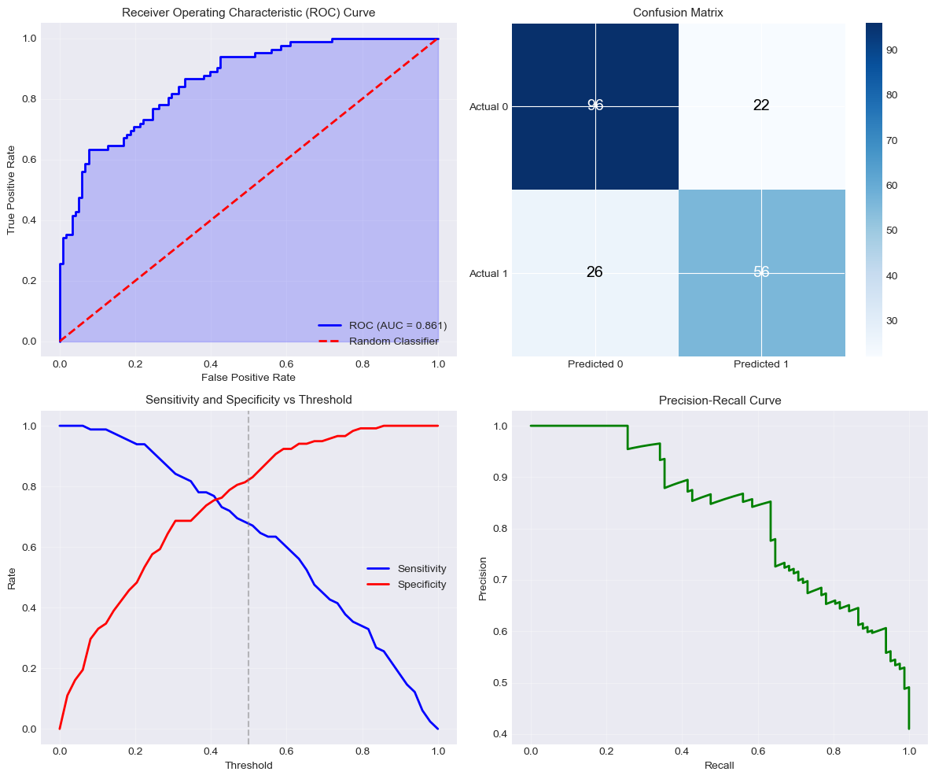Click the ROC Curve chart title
pyautogui.click(x=248, y=13)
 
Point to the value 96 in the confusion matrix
pyautogui.click(x=595, y=105)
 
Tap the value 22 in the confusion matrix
pyautogui.click(x=761, y=105)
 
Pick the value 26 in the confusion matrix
pyautogui.click(x=595, y=272)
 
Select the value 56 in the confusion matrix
pyautogui.click(x=761, y=272)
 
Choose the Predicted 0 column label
pyautogui.click(x=595, y=365)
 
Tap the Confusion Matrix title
pyautogui.click(x=678, y=13)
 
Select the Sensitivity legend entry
pyautogui.click(x=422, y=568)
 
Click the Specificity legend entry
pyautogui.click(x=422, y=584)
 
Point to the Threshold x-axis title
pyautogui.click(x=248, y=765)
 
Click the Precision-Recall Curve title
pyautogui.click(x=720, y=401)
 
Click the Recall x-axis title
pyautogui.click(x=720, y=765)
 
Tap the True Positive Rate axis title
pyautogui.click(x=12, y=190)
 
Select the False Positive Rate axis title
pyautogui.click(x=248, y=378)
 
